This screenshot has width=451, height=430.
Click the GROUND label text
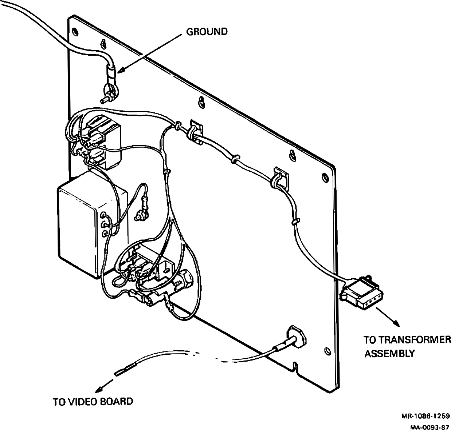[207, 32]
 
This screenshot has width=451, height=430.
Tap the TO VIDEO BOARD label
[93, 402]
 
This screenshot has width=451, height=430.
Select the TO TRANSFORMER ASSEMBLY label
[407, 346]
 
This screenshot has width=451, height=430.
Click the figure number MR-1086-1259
[425, 416]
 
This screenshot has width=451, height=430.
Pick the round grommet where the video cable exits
[297, 335]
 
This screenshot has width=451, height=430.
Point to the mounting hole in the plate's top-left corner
[75, 31]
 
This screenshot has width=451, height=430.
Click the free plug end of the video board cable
[122, 372]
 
